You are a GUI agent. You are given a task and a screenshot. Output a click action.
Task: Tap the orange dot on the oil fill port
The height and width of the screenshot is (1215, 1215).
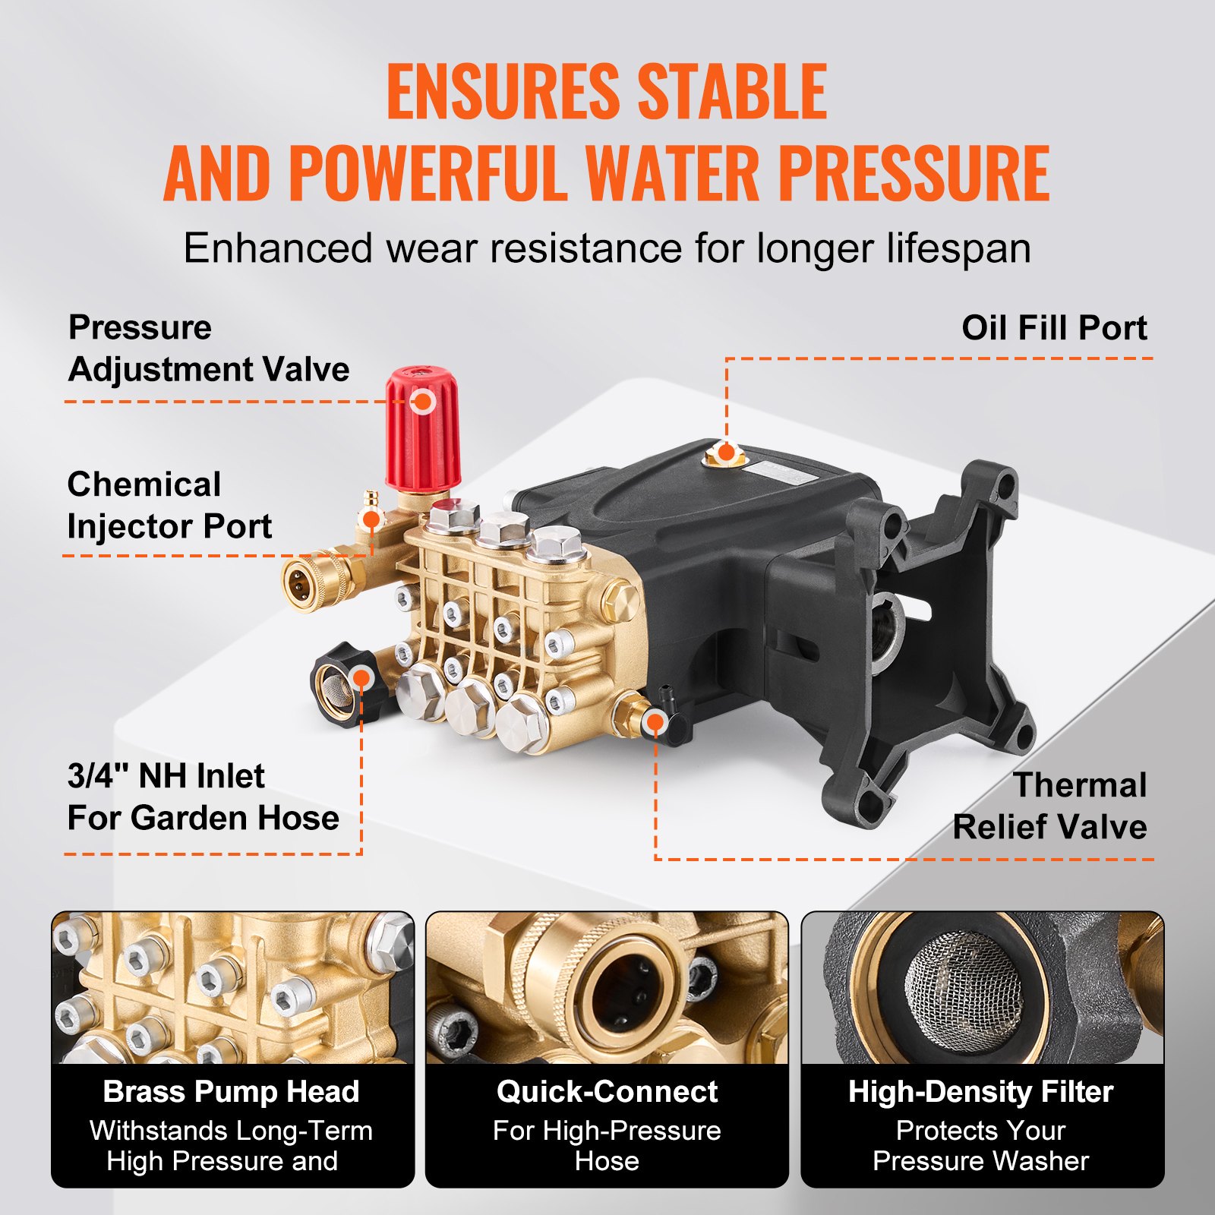pyautogui.click(x=726, y=453)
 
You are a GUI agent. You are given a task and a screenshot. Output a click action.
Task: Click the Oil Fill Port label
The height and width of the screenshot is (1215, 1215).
pyautogui.click(x=1053, y=328)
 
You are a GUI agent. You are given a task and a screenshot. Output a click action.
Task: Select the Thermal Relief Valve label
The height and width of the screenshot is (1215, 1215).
pyautogui.click(x=1049, y=806)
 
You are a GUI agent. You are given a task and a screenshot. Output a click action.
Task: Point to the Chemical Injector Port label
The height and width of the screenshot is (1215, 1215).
pyautogui.click(x=169, y=505)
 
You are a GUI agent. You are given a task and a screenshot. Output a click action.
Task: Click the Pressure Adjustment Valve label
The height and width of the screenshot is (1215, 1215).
pyautogui.click(x=208, y=349)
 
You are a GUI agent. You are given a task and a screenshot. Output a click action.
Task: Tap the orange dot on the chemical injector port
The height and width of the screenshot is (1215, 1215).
pyautogui.click(x=371, y=519)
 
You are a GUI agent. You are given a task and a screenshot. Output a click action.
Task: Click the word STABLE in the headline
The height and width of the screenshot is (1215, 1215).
pyautogui.click(x=731, y=92)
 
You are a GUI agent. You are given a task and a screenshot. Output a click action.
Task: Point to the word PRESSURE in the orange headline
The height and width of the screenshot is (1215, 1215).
pyautogui.click(x=914, y=172)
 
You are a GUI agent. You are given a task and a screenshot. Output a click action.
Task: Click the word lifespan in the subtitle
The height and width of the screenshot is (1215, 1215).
pyautogui.click(x=958, y=248)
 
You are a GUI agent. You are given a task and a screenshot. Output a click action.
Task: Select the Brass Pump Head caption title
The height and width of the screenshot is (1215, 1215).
pyautogui.click(x=231, y=1091)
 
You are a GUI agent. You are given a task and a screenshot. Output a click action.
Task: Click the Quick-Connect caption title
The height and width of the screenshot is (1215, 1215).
pyautogui.click(x=607, y=1091)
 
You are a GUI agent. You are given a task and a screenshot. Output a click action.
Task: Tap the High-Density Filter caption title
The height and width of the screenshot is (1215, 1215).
pyautogui.click(x=980, y=1091)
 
